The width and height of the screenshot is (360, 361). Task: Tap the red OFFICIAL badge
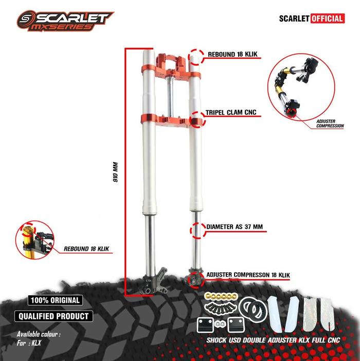[327, 19]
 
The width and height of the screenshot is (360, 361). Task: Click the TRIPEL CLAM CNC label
[231, 112]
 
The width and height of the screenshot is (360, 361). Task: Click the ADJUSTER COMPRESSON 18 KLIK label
[248, 276]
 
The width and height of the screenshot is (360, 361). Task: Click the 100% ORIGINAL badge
[55, 300]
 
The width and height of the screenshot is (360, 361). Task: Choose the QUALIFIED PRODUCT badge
[53, 316]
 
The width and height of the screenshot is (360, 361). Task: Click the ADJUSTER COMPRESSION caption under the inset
[330, 123]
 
